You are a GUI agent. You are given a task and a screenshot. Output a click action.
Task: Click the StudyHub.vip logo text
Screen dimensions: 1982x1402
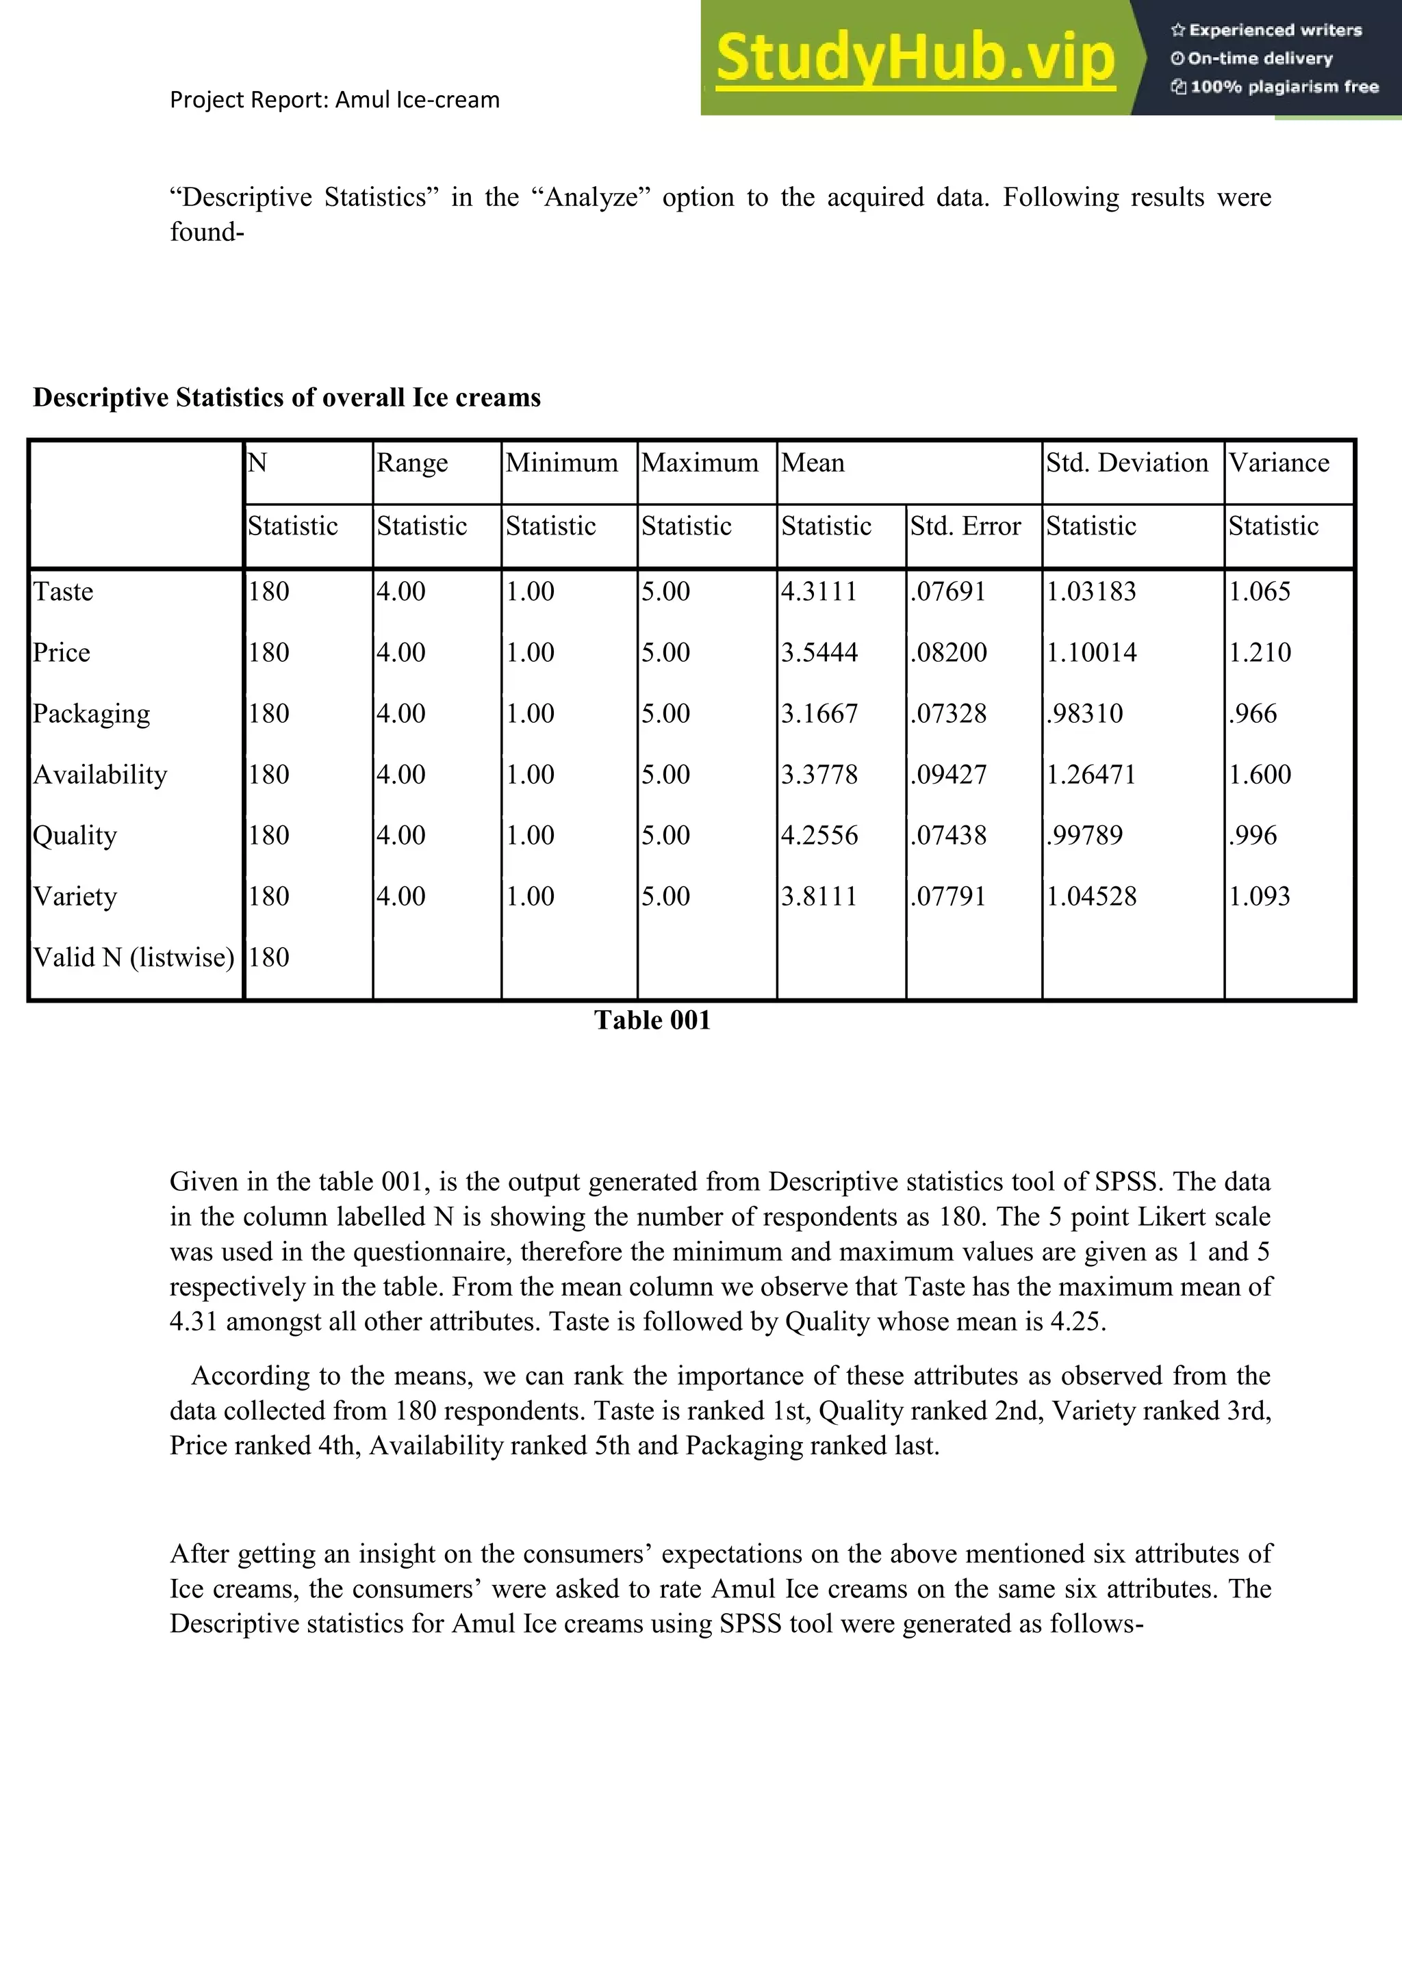point(915,59)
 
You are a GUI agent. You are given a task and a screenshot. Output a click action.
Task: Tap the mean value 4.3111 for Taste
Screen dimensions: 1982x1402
point(819,592)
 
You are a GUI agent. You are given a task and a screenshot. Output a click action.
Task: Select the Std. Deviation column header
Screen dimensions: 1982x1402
point(1127,463)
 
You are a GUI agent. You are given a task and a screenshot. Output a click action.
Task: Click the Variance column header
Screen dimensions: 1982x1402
point(1279,463)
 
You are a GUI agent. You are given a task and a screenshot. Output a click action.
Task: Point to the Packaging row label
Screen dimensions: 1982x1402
point(92,714)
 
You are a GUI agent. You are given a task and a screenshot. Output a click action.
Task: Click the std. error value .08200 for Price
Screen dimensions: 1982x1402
point(948,653)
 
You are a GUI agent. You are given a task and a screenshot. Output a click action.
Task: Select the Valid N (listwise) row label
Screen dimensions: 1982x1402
point(133,957)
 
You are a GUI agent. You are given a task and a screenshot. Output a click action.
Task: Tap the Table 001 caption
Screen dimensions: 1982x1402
point(652,1020)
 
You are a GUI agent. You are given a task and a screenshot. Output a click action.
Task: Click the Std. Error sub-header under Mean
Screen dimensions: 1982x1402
point(965,526)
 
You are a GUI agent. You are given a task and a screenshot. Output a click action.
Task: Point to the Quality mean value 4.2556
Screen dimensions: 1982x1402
point(819,836)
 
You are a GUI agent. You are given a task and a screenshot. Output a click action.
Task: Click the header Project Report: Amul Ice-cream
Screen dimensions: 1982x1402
point(335,100)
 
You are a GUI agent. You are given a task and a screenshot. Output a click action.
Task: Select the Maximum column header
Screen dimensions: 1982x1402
point(699,463)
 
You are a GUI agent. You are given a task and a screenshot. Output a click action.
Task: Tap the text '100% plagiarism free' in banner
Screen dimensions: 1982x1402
point(1283,87)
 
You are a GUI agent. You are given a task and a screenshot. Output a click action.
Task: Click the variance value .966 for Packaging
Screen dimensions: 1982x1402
point(1253,714)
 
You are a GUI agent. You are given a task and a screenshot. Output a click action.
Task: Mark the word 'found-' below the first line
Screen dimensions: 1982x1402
point(207,232)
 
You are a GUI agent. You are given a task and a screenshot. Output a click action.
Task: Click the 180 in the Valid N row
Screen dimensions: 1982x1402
point(268,957)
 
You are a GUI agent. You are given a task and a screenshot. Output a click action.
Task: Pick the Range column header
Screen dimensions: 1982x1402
point(412,463)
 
